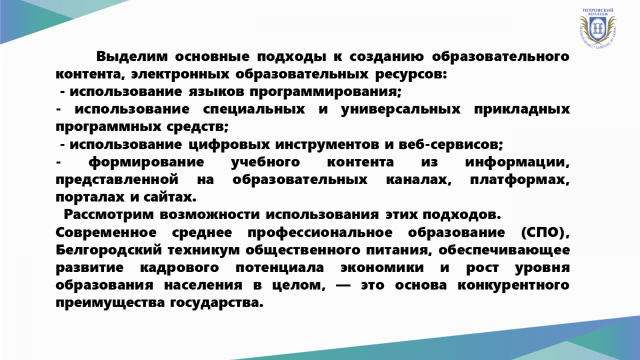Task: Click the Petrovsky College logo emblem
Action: click(x=598, y=28)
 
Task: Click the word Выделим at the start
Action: click(x=132, y=57)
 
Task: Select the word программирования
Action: click(x=326, y=92)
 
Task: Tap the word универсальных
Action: click(x=401, y=109)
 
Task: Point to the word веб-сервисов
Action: click(x=451, y=145)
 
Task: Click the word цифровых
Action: click(x=229, y=145)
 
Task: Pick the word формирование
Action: click(x=146, y=163)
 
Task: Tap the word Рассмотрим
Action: click(x=109, y=215)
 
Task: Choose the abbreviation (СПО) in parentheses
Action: click(x=545, y=233)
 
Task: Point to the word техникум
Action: click(x=204, y=250)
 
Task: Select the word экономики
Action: click(x=382, y=268)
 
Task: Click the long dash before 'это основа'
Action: click(x=343, y=286)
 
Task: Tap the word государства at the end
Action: click(x=217, y=303)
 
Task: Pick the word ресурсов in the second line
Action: click(x=411, y=74)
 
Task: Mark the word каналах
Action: click(x=419, y=180)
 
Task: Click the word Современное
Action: click(x=106, y=233)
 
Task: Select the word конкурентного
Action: click(x=514, y=286)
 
